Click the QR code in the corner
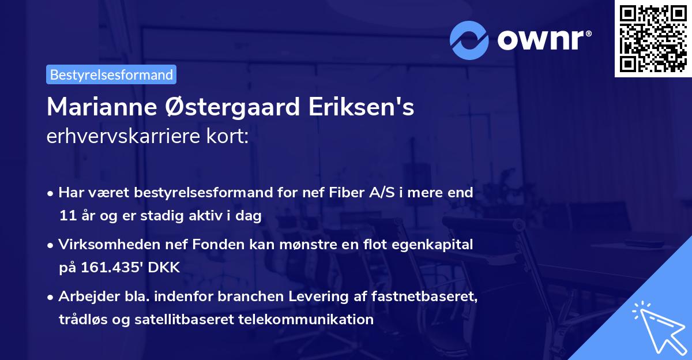pyautogui.click(x=653, y=38)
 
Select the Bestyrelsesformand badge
pyautogui.click(x=111, y=74)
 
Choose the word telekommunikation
pyautogui.click(x=306, y=320)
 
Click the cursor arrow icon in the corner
pyautogui.click(x=657, y=327)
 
